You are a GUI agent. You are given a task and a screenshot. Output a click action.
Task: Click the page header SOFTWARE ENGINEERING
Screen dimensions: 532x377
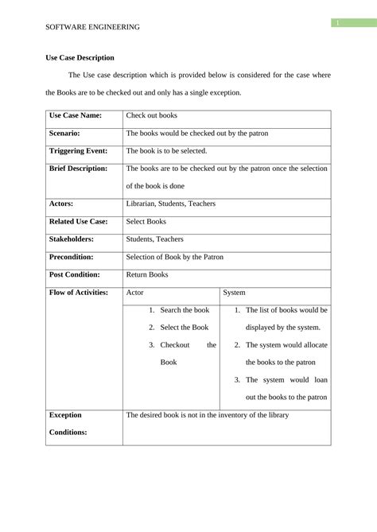click(92, 27)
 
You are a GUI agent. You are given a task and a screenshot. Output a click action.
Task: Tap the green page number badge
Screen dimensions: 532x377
click(336, 23)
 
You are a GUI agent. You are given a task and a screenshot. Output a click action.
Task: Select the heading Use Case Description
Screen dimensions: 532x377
click(80, 57)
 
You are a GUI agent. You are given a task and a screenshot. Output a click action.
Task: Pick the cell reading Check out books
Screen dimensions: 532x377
click(152, 116)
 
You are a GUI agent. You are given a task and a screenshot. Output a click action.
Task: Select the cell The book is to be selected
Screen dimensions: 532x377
click(166, 150)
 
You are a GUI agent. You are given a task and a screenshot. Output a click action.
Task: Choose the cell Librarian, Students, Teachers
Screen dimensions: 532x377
click(170, 204)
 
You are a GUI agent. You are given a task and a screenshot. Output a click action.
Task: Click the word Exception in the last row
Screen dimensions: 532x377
click(65, 415)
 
